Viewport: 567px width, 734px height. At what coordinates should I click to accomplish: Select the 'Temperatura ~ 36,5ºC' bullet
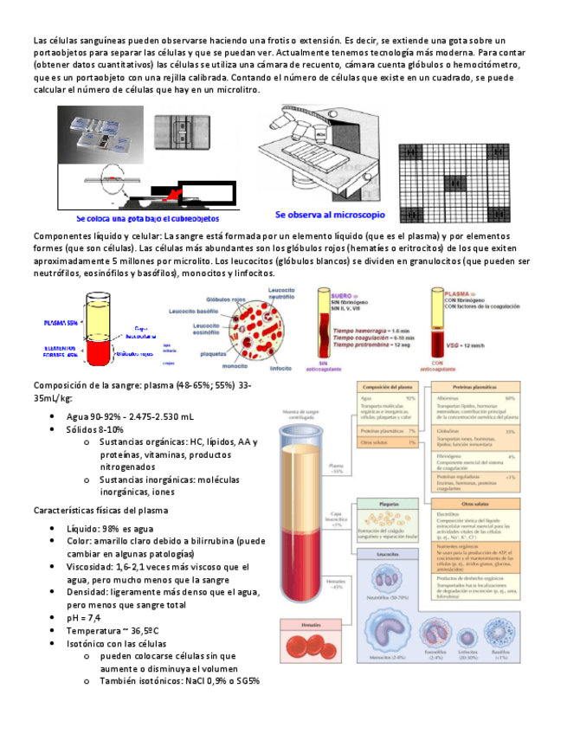click(x=110, y=631)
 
